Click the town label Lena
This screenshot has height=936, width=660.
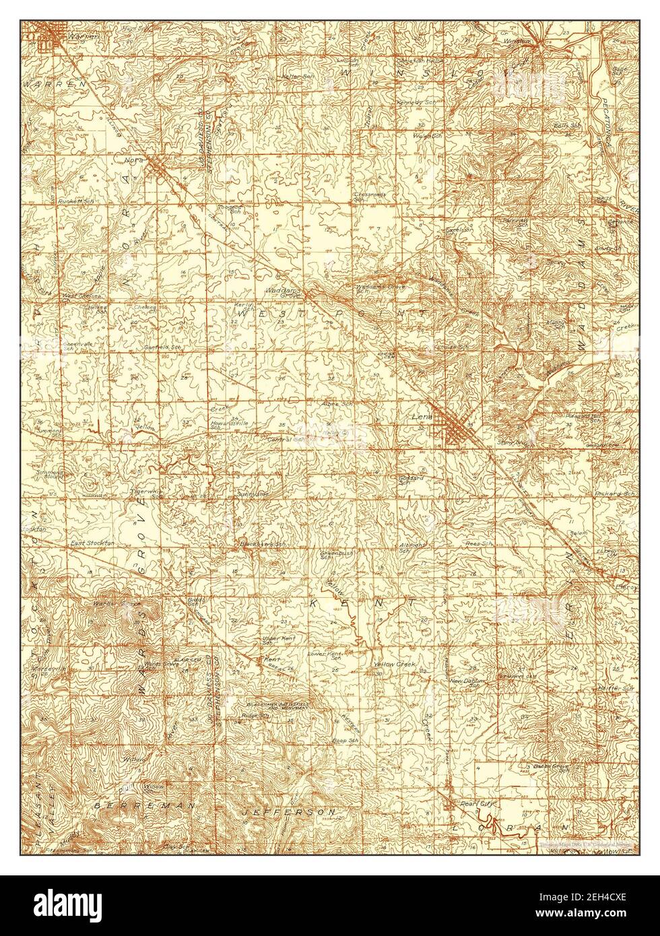[x=421, y=417]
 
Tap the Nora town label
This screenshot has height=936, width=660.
[x=132, y=161]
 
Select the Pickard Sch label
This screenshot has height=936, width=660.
[x=615, y=494]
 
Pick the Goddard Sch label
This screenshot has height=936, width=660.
[x=411, y=479]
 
